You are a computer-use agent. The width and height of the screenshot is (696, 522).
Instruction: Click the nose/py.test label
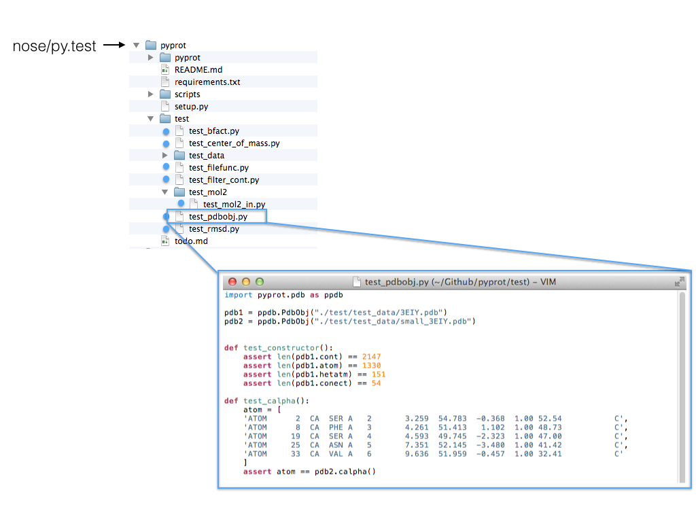[x=54, y=46]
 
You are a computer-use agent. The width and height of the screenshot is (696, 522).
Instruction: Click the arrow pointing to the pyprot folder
[x=115, y=46]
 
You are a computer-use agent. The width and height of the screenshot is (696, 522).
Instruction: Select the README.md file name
[x=198, y=70]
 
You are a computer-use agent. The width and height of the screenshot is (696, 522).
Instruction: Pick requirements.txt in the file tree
[x=207, y=82]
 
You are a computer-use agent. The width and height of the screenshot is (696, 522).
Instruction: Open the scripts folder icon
[x=165, y=94]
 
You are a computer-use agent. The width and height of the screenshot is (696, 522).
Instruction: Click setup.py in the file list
[x=191, y=107]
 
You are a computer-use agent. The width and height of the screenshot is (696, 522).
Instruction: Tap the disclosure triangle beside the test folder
[x=151, y=119]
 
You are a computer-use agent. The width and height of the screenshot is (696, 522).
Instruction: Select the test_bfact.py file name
[x=213, y=131]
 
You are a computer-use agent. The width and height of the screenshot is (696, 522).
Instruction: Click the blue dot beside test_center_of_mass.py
[x=166, y=143]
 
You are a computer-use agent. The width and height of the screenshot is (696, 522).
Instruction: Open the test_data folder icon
[x=179, y=156]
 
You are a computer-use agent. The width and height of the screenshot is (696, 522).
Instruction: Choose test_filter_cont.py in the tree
[x=224, y=180]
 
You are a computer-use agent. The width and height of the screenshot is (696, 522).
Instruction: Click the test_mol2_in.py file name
[x=234, y=205]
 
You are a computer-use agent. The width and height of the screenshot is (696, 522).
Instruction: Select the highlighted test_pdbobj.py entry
[x=217, y=217]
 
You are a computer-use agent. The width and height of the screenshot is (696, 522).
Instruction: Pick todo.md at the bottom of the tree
[x=191, y=241]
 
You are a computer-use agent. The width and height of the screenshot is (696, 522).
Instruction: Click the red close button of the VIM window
[x=232, y=281]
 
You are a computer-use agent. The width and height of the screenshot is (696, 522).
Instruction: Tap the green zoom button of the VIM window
[x=259, y=281]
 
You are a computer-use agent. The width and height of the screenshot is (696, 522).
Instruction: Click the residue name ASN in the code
[x=336, y=445]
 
